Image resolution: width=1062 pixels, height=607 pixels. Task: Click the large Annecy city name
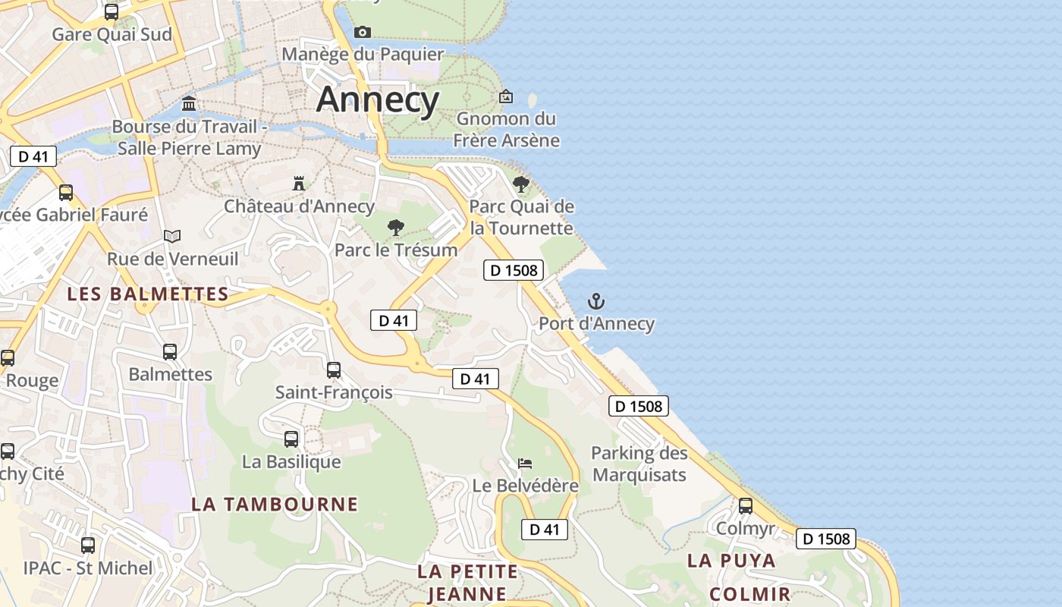tap(378, 99)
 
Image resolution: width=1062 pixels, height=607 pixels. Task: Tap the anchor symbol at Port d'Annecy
tap(596, 301)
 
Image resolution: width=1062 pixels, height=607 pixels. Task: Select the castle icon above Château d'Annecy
tap(299, 184)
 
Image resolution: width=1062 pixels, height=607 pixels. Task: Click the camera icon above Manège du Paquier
tap(363, 32)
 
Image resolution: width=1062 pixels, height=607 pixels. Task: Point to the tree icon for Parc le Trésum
tap(395, 227)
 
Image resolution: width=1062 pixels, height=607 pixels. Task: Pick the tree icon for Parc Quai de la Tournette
tap(521, 184)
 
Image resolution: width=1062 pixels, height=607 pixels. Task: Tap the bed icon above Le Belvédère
tap(525, 463)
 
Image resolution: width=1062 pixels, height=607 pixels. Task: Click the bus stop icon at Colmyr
tap(746, 505)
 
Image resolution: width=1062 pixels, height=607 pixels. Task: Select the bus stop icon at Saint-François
tap(334, 370)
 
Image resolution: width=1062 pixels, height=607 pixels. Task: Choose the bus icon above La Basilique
tap(291, 439)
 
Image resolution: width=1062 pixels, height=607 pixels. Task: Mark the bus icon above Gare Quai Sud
tap(112, 12)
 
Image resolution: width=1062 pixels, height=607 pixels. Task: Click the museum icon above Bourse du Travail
tap(189, 103)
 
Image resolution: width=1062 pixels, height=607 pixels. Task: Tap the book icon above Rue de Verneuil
tap(172, 236)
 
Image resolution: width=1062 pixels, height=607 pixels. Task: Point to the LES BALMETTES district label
tap(148, 294)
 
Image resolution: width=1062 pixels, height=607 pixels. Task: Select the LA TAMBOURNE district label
tap(275, 504)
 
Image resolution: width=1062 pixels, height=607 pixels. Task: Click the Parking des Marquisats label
tap(639, 464)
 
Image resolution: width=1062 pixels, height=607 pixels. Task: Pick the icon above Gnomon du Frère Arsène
tap(506, 96)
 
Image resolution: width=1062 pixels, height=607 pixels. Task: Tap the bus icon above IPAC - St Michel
tap(88, 545)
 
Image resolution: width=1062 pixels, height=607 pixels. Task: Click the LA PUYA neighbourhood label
tap(731, 561)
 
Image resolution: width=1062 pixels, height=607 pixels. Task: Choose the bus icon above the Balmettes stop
tap(170, 351)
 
